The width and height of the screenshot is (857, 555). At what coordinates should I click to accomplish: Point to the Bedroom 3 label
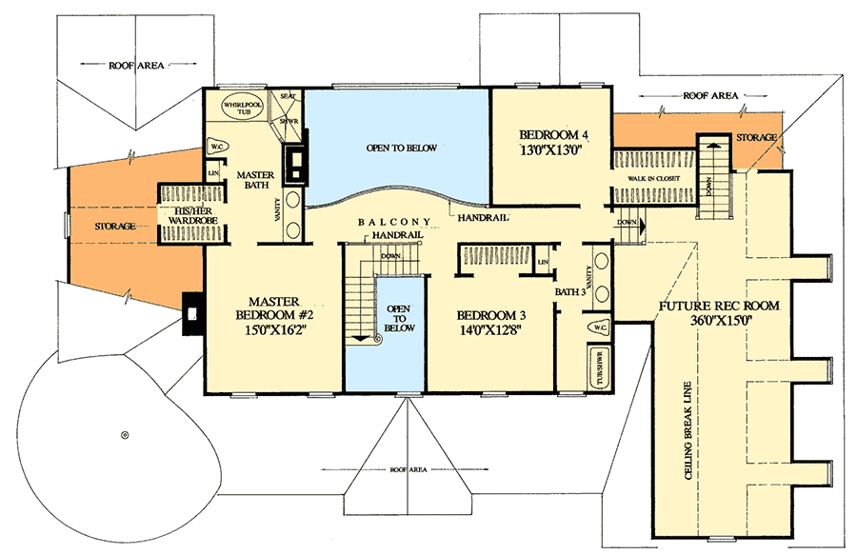click(x=489, y=316)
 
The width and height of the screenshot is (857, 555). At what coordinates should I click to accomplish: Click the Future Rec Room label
click(x=718, y=307)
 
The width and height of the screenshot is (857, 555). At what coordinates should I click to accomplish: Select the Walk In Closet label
click(x=650, y=179)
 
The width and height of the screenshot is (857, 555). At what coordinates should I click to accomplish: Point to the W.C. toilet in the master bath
click(x=216, y=148)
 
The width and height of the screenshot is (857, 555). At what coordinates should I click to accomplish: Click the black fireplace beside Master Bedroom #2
click(x=192, y=313)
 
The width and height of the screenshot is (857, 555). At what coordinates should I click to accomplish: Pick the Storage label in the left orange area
click(x=114, y=226)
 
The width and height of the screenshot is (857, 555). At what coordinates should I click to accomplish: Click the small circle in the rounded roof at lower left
click(x=124, y=435)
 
